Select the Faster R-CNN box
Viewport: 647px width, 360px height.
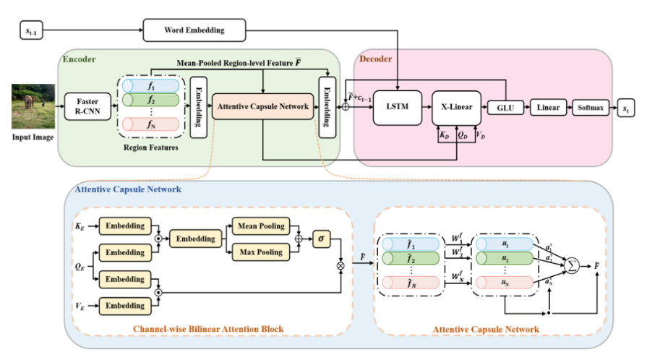click(x=85, y=107)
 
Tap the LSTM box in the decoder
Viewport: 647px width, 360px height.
click(x=397, y=107)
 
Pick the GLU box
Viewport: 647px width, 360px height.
click(x=500, y=107)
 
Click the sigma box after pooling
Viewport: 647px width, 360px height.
click(x=320, y=239)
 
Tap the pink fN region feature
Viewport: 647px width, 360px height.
click(x=150, y=125)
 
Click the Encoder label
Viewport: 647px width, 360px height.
click(x=79, y=58)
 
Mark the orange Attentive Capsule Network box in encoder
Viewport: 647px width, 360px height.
click(x=262, y=107)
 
